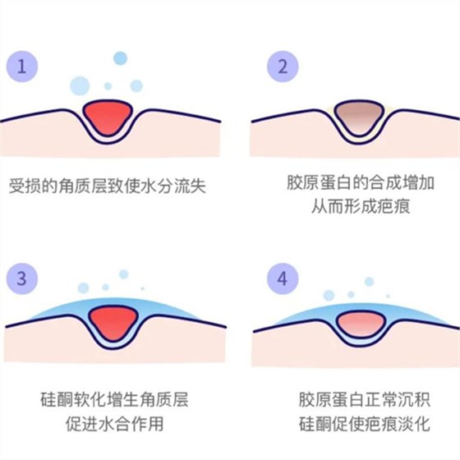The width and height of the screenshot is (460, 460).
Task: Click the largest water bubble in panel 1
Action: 80,85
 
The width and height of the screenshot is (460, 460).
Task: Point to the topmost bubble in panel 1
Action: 120,57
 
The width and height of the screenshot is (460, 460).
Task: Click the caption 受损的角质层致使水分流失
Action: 106,186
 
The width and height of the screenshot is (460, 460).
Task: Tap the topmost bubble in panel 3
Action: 123,274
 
